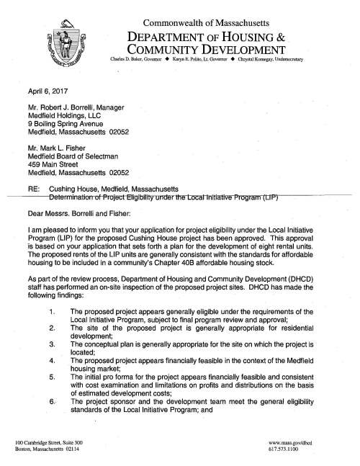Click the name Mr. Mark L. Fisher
tap(51, 153)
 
